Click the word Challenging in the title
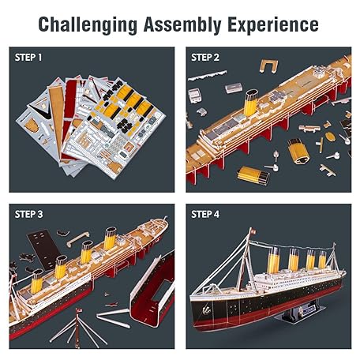(88, 24)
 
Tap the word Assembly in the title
(182, 24)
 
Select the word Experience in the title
(273, 24)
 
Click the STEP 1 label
(28, 58)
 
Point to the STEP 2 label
(205, 58)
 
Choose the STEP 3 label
(28, 214)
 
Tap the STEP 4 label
(205, 214)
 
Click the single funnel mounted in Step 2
(250, 103)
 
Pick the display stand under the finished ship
(299, 312)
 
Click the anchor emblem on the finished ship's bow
(206, 309)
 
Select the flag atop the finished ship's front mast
(253, 231)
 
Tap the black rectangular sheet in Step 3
(44, 249)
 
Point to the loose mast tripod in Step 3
(77, 326)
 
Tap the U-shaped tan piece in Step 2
(268, 66)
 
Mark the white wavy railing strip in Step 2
(208, 75)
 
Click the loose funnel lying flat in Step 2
(253, 174)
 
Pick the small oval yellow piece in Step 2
(330, 137)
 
